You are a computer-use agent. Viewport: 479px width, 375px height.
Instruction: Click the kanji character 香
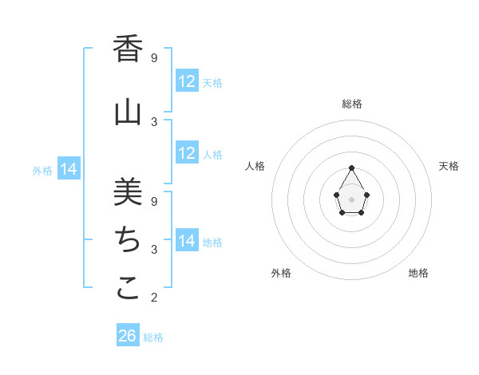coord(128,49)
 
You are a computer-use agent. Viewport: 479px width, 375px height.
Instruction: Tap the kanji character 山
coord(128,112)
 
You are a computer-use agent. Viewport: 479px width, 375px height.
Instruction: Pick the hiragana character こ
coord(128,288)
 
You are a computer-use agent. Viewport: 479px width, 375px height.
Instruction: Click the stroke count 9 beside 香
coord(154,58)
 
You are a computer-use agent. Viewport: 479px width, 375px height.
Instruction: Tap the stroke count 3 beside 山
coord(154,121)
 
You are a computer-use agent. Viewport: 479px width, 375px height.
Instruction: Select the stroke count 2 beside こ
coord(154,298)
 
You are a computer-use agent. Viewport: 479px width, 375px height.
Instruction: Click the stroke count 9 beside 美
coord(154,201)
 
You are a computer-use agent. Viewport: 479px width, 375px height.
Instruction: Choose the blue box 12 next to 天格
coord(187,81)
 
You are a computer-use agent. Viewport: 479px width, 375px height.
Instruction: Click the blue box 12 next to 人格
coord(187,153)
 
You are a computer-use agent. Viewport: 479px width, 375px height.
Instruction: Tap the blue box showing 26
coord(128,336)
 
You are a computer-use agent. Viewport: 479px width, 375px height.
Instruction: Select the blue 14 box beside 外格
coord(69,169)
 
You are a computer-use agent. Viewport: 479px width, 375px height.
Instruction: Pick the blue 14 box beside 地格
coord(187,241)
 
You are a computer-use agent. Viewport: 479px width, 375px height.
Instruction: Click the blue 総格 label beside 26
coord(154,337)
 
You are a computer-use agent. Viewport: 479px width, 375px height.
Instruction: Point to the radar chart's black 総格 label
coord(352,104)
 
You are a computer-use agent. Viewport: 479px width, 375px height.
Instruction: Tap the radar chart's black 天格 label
coord(449,166)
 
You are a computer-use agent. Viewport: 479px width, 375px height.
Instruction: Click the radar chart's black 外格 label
coord(281,273)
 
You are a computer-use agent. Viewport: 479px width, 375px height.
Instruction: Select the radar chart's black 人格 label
coord(255,166)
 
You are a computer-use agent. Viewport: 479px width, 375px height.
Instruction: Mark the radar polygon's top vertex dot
coord(351,168)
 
